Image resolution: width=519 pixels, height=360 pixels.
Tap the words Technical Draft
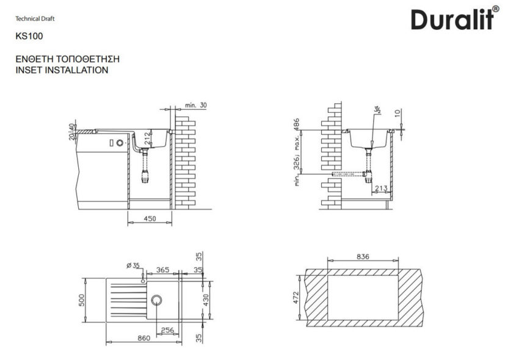coord(35,18)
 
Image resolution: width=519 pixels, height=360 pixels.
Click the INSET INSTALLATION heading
coord(61,70)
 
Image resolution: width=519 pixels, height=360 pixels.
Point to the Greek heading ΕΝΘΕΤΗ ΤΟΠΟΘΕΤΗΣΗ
coord(67,59)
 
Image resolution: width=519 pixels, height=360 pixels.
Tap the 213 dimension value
coord(381,188)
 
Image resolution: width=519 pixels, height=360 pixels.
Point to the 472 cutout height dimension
coord(295,297)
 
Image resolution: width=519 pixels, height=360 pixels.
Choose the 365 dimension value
coord(162,269)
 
